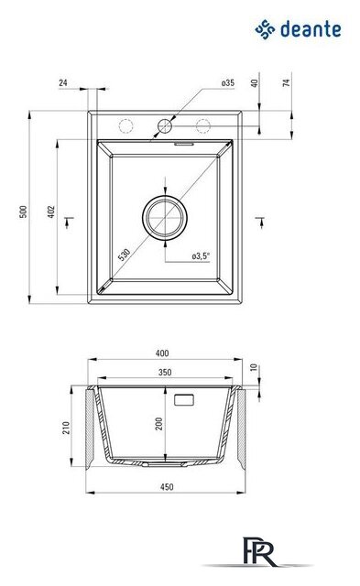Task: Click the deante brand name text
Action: point(311,29)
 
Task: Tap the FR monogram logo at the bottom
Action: point(259,551)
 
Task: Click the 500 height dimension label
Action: point(23,212)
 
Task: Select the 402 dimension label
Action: point(51,212)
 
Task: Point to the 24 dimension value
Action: point(63,82)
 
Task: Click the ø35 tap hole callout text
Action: point(228,83)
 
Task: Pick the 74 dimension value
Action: point(287,82)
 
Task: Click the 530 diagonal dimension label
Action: point(124,255)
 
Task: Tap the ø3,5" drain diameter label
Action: point(201,256)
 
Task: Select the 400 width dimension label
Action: point(162,353)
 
